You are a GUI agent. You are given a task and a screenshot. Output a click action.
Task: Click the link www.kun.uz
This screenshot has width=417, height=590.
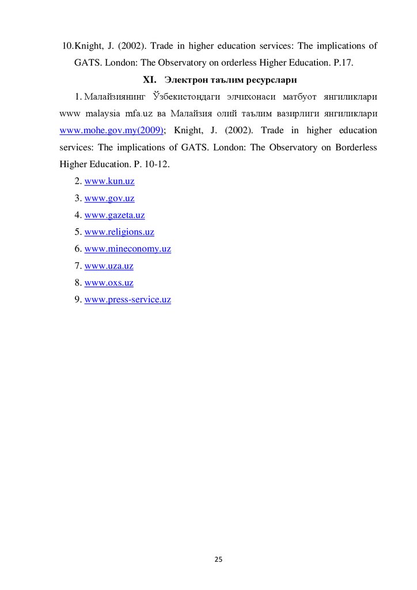(109, 181)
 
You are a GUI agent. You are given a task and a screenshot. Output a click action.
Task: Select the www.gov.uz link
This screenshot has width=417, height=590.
(109, 198)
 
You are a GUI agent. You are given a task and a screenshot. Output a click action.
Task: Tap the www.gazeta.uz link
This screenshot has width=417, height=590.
(115, 215)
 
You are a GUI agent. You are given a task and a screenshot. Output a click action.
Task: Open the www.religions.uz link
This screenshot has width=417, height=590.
(119, 232)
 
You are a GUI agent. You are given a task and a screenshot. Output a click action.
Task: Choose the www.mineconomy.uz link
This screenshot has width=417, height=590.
(128, 249)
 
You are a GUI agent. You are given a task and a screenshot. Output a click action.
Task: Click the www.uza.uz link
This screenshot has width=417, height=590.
(109, 266)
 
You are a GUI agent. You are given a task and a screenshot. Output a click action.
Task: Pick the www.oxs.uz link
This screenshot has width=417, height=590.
(109, 283)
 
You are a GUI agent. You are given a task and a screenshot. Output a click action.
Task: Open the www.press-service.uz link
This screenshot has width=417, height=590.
(128, 300)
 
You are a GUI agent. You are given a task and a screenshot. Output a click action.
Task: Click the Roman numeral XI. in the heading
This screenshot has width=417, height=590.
(150, 78)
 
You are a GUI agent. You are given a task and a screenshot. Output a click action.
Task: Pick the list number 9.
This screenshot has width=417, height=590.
(78, 300)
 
